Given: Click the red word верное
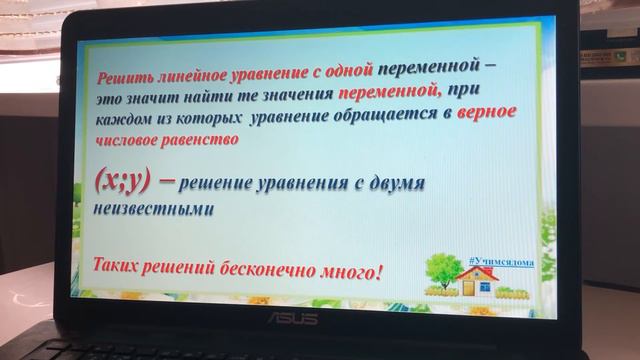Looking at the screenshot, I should pos(486,113).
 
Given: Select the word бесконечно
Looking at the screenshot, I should pos(272,269).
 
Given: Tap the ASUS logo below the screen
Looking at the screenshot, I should pos(291,318).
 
